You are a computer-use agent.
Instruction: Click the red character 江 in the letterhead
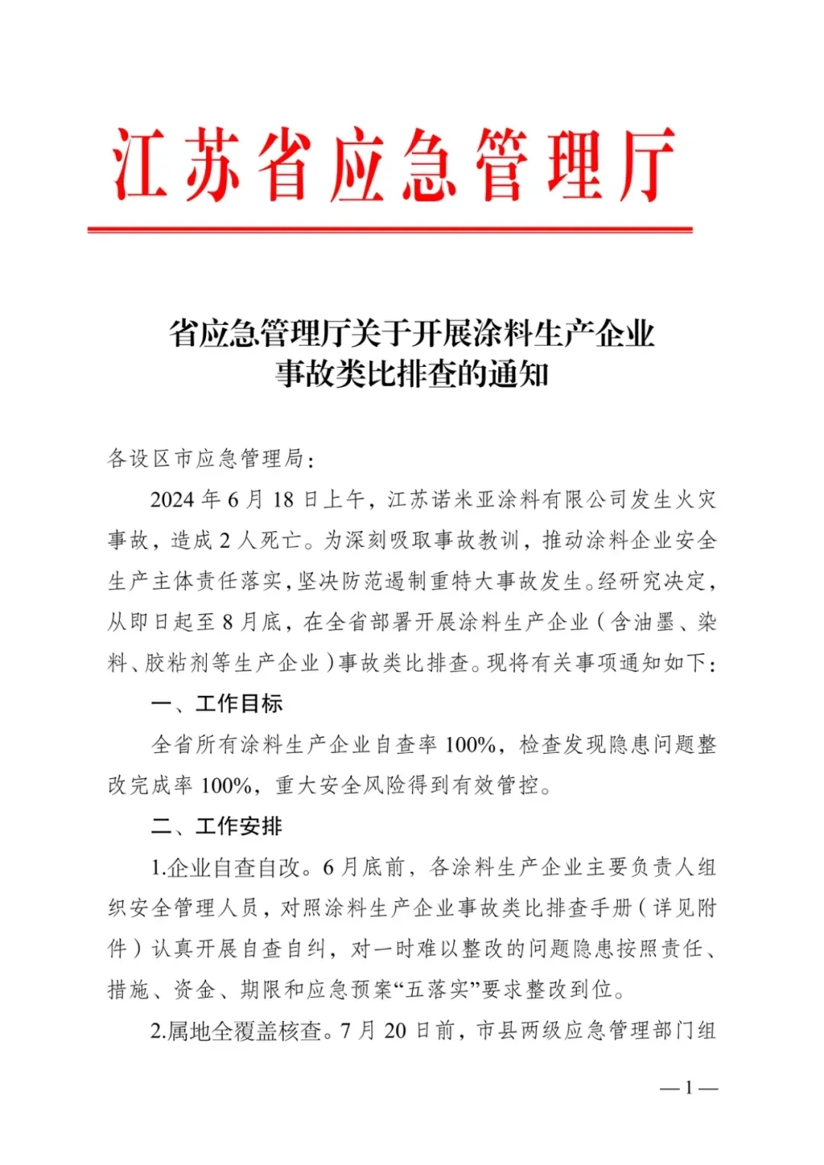141,164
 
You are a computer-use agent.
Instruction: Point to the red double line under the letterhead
389,229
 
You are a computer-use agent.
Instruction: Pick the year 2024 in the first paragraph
172,500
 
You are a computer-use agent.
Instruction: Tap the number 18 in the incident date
283,500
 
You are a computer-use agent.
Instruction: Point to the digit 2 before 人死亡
225,541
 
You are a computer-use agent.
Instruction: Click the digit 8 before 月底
227,623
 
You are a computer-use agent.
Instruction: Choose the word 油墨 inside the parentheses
655,623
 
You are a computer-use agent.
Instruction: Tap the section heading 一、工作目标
217,703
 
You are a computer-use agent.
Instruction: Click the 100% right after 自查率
470,745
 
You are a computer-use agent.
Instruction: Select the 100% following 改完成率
226,785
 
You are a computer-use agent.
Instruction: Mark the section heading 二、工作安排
217,826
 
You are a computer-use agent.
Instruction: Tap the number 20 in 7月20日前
395,1031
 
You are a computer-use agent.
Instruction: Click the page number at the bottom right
688,1088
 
